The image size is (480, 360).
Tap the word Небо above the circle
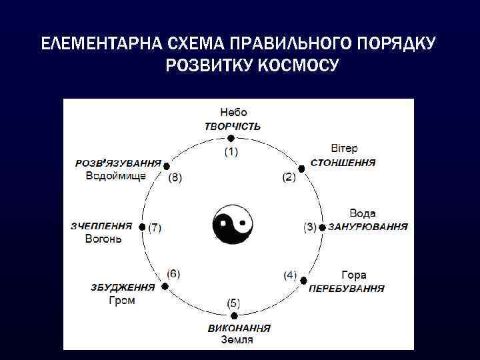[x=233, y=113]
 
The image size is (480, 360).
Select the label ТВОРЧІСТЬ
[x=233, y=126]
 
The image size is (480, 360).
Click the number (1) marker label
[x=230, y=151]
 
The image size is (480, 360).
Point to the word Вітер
[x=344, y=148]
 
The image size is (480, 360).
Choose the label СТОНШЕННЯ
[x=343, y=162]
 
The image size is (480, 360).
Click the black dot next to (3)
[x=322, y=227]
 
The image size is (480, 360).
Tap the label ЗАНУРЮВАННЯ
[x=368, y=227]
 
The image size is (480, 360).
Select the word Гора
[x=353, y=275]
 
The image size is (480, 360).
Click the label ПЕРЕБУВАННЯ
[x=346, y=289]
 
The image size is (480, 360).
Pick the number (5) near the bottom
[x=235, y=303]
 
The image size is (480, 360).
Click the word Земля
[x=237, y=340]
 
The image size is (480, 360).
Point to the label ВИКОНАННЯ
[x=239, y=328]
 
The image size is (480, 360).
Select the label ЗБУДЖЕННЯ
[x=123, y=287]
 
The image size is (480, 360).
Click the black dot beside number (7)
[x=142, y=227]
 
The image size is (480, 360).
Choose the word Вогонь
[x=103, y=239]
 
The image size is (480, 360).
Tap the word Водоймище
[x=116, y=176]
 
